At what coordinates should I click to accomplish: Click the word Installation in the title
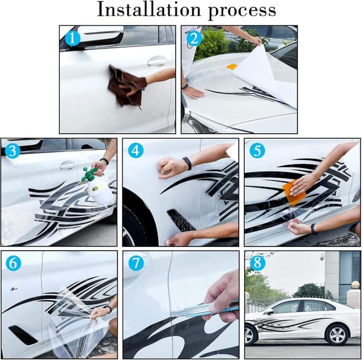click(x=149, y=10)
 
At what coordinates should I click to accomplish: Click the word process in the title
click(x=242, y=11)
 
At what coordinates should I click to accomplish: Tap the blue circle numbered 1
click(x=72, y=39)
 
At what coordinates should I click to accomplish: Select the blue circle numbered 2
click(x=194, y=39)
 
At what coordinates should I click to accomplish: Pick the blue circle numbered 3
click(x=13, y=151)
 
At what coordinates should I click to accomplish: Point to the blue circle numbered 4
click(x=136, y=150)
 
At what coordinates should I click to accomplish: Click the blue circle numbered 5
click(x=257, y=150)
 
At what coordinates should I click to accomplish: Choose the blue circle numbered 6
click(x=13, y=263)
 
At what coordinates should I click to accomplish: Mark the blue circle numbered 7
click(x=136, y=263)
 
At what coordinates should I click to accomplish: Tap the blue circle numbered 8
click(x=258, y=263)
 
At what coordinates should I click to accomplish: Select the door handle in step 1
click(x=157, y=61)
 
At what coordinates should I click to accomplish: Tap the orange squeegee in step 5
click(x=294, y=193)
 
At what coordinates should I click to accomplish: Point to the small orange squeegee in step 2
click(x=232, y=66)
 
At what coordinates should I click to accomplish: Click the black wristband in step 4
click(x=187, y=163)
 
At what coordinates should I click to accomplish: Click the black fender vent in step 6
click(x=23, y=335)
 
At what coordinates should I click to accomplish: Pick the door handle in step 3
click(x=67, y=165)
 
